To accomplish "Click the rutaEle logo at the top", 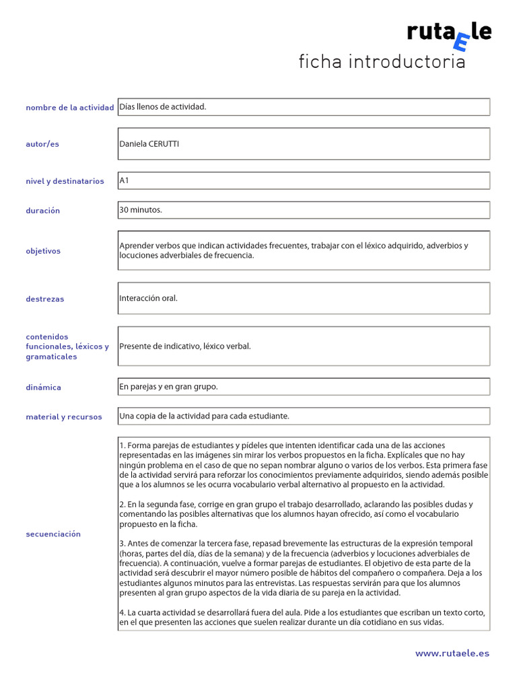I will click(x=448, y=34).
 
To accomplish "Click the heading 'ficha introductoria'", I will click(x=382, y=62).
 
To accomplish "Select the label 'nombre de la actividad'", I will click(x=69, y=108).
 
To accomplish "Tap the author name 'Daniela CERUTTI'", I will click(x=149, y=144).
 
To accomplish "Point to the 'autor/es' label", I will click(x=42, y=144).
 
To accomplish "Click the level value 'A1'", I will click(x=124, y=180).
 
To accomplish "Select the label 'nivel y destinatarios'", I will click(x=65, y=181).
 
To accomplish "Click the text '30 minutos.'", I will click(x=141, y=210).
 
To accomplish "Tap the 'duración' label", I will click(x=42, y=211).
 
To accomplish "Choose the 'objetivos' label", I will click(x=43, y=251).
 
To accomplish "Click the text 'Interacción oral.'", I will click(x=149, y=298).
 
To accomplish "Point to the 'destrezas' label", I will click(x=45, y=299).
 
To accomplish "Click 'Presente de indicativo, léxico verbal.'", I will click(x=185, y=347).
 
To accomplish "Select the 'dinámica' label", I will click(x=43, y=388).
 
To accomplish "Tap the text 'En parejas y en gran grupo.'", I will click(x=169, y=387).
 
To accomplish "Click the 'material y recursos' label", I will click(x=64, y=417).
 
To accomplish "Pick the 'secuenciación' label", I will click(x=53, y=534).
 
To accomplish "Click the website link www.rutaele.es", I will click(x=452, y=653).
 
